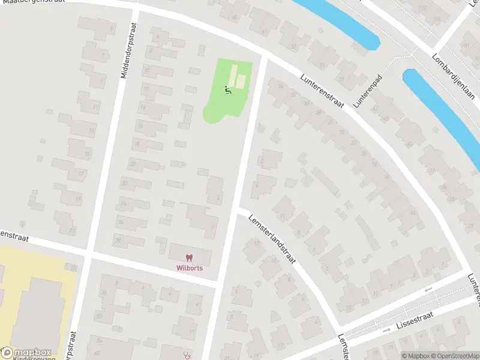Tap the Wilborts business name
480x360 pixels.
(x=189, y=268)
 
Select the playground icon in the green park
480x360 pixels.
(x=227, y=91)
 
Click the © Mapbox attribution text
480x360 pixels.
(x=415, y=356)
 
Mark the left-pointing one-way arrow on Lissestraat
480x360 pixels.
(x=428, y=291)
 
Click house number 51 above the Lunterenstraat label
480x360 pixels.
(x=340, y=79)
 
